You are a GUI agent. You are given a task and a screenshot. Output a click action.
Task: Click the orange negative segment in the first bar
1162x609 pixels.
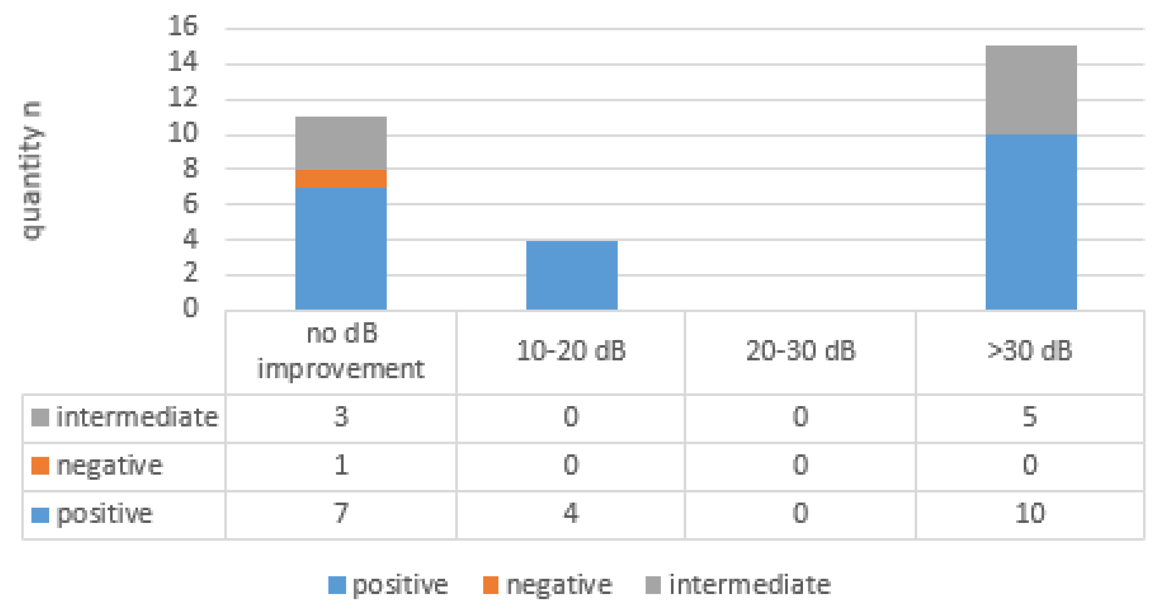pos(341,178)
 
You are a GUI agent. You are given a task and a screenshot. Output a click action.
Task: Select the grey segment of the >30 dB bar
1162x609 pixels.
pos(1031,90)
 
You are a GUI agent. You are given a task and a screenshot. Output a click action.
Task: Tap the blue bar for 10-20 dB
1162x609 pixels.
pos(571,275)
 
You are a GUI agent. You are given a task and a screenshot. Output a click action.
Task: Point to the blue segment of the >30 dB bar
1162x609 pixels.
pos(1031,222)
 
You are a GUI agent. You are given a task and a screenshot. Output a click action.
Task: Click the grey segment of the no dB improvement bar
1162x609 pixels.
pos(341,143)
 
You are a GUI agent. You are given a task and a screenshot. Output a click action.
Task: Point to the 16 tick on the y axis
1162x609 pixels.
pos(183,26)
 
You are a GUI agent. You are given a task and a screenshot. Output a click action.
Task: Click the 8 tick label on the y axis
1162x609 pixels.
pos(190,168)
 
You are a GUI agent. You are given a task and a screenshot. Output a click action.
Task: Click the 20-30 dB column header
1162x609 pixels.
pos(800,351)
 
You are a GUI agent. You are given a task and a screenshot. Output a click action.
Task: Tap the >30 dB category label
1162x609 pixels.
pos(1029,351)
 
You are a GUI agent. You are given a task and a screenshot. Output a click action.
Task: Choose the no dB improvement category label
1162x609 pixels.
pos(341,352)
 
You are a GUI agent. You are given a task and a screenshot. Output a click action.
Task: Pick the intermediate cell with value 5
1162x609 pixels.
pos(1029,417)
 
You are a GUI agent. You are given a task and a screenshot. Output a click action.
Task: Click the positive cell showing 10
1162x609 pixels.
pos(1029,513)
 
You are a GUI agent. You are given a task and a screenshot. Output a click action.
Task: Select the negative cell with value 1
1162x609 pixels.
pos(341,465)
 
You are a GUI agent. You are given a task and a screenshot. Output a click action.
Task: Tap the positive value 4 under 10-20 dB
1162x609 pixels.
pos(571,513)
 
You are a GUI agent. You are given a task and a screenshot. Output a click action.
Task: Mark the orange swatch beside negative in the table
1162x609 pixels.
pos(40,465)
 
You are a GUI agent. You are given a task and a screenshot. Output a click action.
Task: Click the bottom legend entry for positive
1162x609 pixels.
pos(388,585)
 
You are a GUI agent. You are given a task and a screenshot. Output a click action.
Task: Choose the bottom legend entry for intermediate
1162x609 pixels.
pos(738,585)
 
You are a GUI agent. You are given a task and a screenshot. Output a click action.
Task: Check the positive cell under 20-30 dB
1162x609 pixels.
pos(800,513)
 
